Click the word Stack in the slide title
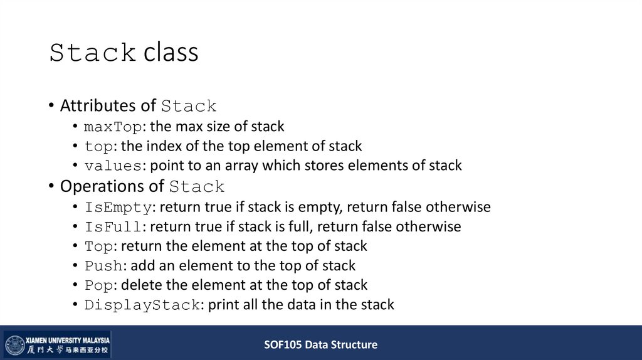(93, 53)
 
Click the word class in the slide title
(171, 53)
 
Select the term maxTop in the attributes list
(113, 127)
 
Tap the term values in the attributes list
(113, 166)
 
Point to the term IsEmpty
(118, 207)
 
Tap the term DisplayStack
(142, 305)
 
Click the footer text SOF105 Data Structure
(320, 344)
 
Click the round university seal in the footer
(14, 344)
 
